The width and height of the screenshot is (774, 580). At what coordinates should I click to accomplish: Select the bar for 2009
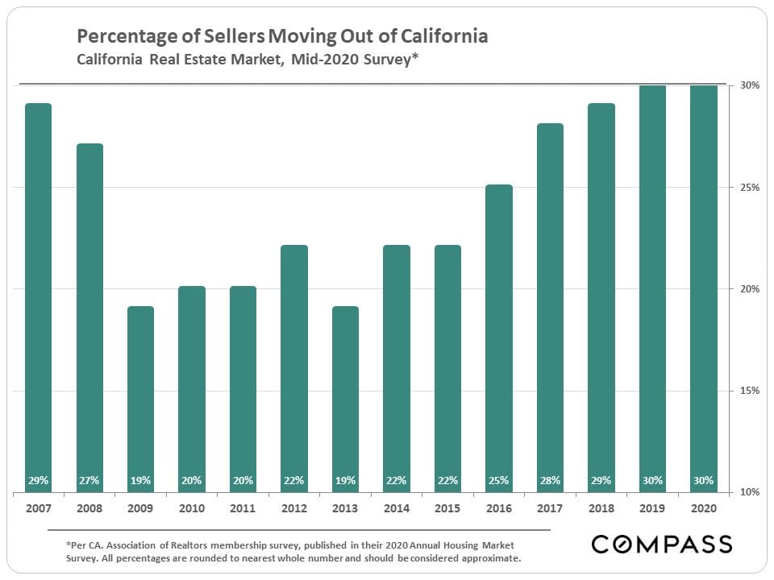(x=140, y=398)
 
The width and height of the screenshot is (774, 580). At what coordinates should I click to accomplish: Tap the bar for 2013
(x=345, y=398)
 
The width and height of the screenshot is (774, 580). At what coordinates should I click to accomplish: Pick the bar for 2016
(x=499, y=338)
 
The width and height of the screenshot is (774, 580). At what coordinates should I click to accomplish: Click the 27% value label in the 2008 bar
(x=89, y=481)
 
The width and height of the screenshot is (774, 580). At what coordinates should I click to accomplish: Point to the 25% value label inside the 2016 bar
(x=499, y=481)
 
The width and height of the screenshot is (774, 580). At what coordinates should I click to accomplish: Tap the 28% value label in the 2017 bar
(x=550, y=481)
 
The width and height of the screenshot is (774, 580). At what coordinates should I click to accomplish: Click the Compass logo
(x=661, y=544)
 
